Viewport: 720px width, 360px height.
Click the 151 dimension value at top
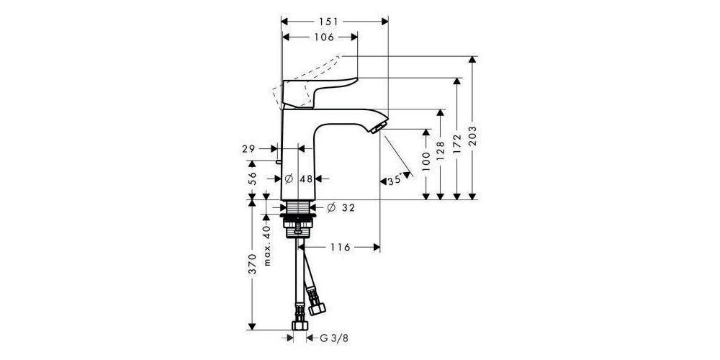click(333, 21)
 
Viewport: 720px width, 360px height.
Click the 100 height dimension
click(426, 165)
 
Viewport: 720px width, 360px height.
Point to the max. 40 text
click(267, 244)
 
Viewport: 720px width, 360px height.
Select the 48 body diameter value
click(305, 179)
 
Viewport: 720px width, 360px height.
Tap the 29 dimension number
click(249, 148)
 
